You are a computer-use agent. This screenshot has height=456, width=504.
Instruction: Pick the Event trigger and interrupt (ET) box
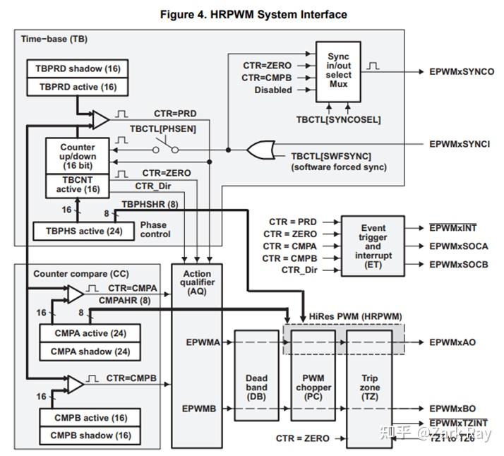click(x=373, y=246)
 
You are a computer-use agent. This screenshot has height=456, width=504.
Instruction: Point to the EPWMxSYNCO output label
click(x=462, y=72)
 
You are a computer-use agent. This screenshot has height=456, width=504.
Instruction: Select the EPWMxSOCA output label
click(x=459, y=246)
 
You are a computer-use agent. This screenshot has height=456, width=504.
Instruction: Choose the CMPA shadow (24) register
click(x=91, y=352)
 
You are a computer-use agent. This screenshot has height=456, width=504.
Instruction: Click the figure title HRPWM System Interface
click(x=253, y=14)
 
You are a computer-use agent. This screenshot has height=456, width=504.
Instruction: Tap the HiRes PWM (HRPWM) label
click(x=348, y=315)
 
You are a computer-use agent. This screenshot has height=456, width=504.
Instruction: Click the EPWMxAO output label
click(x=452, y=342)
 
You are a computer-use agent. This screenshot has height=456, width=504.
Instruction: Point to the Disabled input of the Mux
click(x=273, y=90)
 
